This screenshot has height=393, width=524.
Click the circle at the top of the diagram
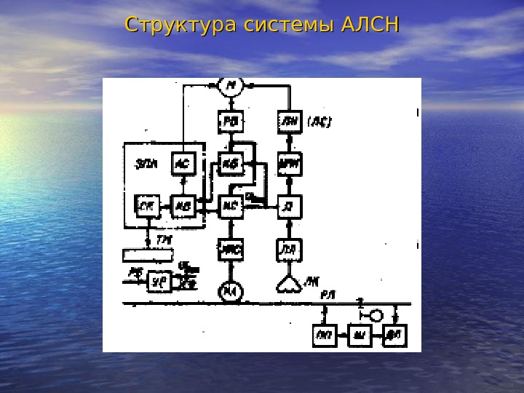point(231,87)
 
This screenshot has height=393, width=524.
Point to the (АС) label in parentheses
point(318,123)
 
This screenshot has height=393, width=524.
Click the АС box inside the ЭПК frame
point(182,164)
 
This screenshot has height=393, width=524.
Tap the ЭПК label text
point(146,163)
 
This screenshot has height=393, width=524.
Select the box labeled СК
point(146,207)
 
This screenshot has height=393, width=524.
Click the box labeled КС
point(231,207)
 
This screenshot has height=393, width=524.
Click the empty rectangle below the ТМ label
point(148,255)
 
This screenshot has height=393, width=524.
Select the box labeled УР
point(159,281)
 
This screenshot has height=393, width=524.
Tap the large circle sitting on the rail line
point(231,293)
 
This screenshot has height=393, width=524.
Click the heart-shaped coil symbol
point(290,282)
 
